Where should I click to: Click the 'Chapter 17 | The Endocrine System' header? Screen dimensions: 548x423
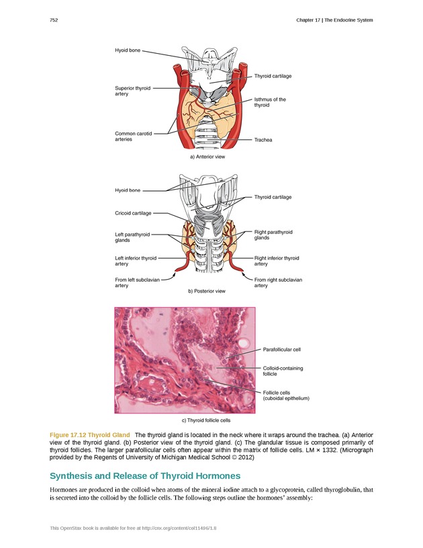(x=334, y=20)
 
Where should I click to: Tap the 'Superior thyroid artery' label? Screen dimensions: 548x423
(x=133, y=91)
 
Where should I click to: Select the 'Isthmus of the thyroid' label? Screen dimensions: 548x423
(x=269, y=102)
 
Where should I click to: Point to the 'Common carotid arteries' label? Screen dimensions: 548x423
(x=133, y=136)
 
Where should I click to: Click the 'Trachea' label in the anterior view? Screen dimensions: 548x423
(x=263, y=140)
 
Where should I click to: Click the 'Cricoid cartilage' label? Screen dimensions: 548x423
(x=133, y=213)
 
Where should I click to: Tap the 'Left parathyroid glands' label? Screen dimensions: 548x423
(x=132, y=237)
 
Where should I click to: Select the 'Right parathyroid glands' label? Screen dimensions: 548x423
(x=273, y=235)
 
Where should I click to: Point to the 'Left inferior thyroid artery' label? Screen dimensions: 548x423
(x=136, y=261)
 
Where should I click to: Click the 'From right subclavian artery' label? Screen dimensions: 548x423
(x=278, y=282)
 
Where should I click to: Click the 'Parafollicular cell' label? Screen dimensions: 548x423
(x=281, y=350)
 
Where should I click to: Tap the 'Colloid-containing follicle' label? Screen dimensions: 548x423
(x=283, y=371)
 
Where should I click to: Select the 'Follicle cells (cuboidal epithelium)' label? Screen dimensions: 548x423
(x=285, y=395)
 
